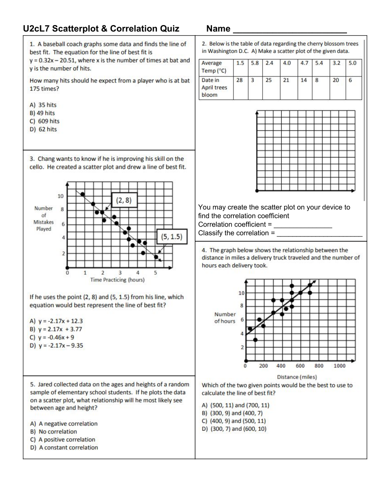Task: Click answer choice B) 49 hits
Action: point(42,113)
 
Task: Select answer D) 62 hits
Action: point(43,129)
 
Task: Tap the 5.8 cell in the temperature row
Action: point(255,63)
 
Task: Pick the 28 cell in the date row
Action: point(239,80)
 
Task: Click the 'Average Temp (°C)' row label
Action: point(214,67)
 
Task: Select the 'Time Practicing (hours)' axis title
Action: point(117,280)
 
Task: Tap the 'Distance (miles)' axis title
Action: point(297,377)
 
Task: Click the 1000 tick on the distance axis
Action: point(339,366)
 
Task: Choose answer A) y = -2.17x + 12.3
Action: point(56,321)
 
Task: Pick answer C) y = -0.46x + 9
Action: point(52,337)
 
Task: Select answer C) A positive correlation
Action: point(63,440)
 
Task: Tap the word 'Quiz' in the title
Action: point(170,29)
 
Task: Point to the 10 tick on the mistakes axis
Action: point(61,196)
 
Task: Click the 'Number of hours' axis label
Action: point(225,318)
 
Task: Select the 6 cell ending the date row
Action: point(351,80)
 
